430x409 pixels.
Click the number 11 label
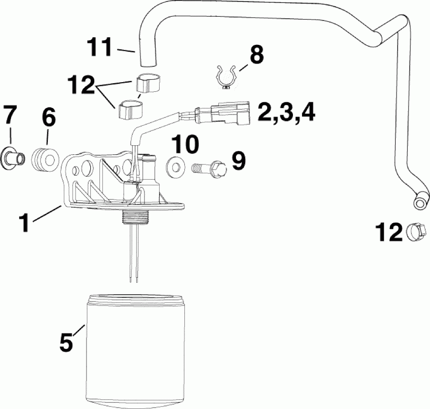pyautogui.click(x=101, y=48)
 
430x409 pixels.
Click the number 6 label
pyautogui.click(x=48, y=117)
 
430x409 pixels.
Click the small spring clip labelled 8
pyautogui.click(x=226, y=77)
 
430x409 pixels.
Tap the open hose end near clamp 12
pyautogui.click(x=419, y=203)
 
